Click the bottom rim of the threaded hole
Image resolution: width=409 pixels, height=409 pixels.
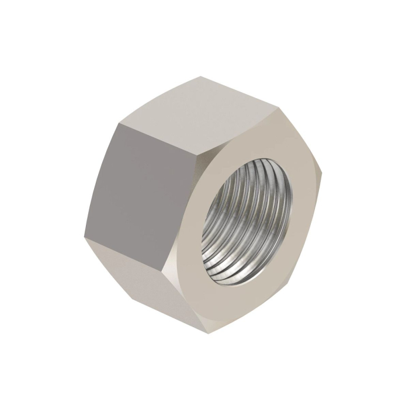point(234,286)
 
